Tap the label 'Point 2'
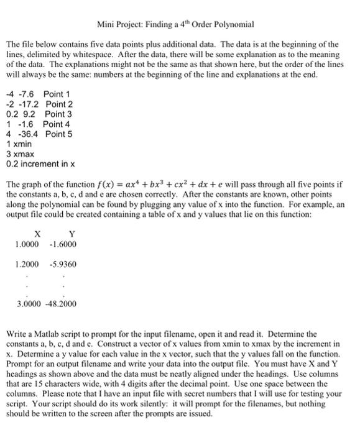coord(58,104)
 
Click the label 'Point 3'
coord(57,114)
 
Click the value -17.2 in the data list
coord(28,104)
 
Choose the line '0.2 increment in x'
coord(40,164)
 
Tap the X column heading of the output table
coord(38,234)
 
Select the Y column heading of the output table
coord(72,234)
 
